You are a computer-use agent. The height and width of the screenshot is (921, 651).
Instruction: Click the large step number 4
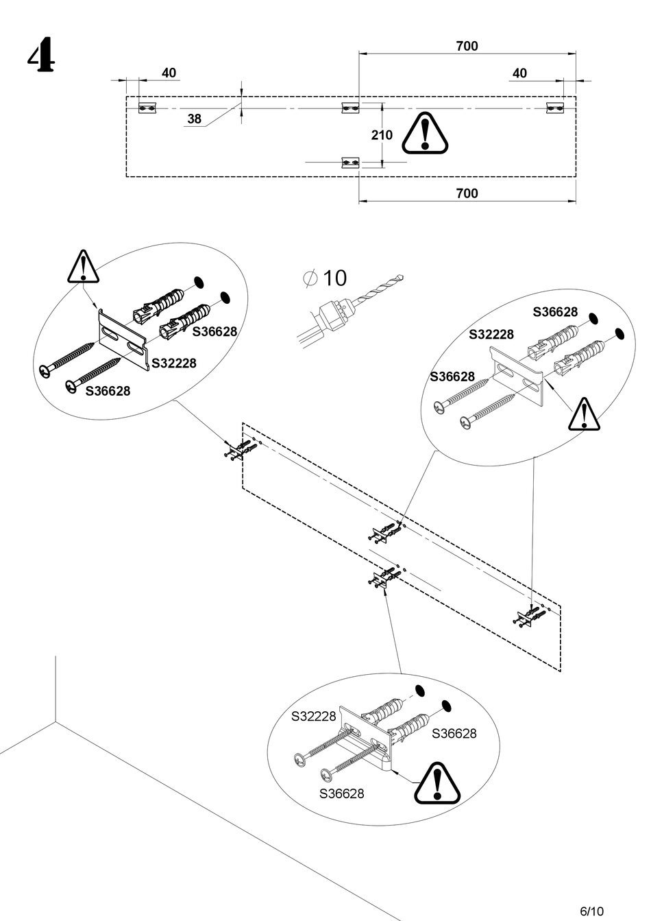[41, 56]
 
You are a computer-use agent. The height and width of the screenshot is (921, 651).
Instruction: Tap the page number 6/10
[591, 911]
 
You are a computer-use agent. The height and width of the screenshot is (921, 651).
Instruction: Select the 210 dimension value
[382, 135]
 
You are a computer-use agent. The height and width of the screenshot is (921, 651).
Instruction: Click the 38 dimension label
[195, 119]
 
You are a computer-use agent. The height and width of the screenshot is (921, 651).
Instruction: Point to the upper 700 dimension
[467, 47]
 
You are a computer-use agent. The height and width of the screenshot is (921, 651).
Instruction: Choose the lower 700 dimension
[467, 193]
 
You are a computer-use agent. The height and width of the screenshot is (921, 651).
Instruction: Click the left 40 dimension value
[169, 73]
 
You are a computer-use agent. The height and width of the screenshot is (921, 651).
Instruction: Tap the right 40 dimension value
[520, 73]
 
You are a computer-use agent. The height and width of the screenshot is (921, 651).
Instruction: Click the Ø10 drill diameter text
[325, 278]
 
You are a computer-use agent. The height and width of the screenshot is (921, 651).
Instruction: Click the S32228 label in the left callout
[173, 363]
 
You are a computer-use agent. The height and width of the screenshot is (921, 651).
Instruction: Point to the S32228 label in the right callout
[491, 335]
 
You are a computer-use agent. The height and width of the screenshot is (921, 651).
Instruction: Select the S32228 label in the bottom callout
[314, 716]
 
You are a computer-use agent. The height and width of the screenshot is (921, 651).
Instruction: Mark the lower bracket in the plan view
[351, 163]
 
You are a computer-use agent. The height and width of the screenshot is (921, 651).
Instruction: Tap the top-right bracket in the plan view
[554, 108]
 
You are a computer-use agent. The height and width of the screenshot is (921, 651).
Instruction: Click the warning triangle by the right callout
[584, 414]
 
